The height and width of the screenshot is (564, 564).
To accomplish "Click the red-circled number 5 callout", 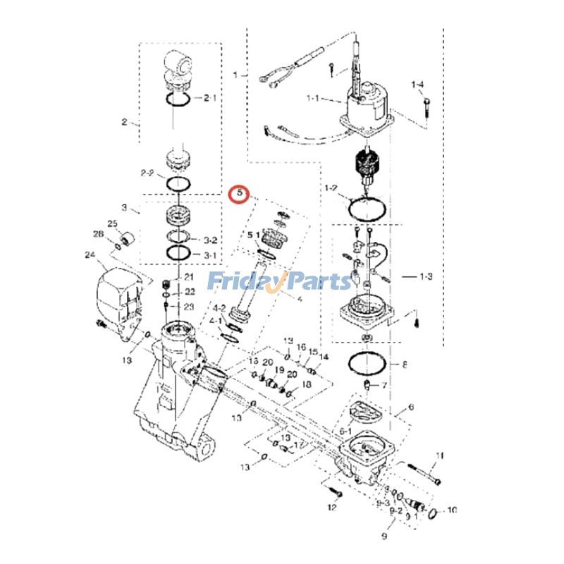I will (x=240, y=192).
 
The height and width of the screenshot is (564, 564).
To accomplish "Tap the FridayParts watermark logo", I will (x=279, y=282).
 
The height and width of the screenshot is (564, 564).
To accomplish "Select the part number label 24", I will (x=90, y=255).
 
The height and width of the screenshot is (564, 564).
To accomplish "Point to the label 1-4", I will (x=418, y=85).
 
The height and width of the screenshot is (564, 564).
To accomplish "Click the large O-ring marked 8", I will (x=367, y=364).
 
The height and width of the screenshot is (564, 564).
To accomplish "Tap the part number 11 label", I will (x=441, y=456).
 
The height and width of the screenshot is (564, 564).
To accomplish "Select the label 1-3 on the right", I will (x=425, y=277).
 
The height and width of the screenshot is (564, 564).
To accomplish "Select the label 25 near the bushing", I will (x=112, y=223).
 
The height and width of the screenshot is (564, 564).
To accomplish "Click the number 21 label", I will (x=188, y=277).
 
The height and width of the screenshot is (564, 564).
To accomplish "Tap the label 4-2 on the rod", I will (x=219, y=308).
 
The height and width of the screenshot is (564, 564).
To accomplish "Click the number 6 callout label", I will (x=411, y=407).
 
